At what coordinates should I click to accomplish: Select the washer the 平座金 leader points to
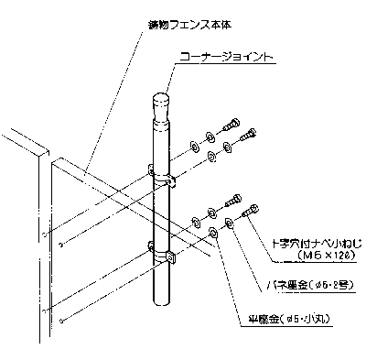pos(214,233)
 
